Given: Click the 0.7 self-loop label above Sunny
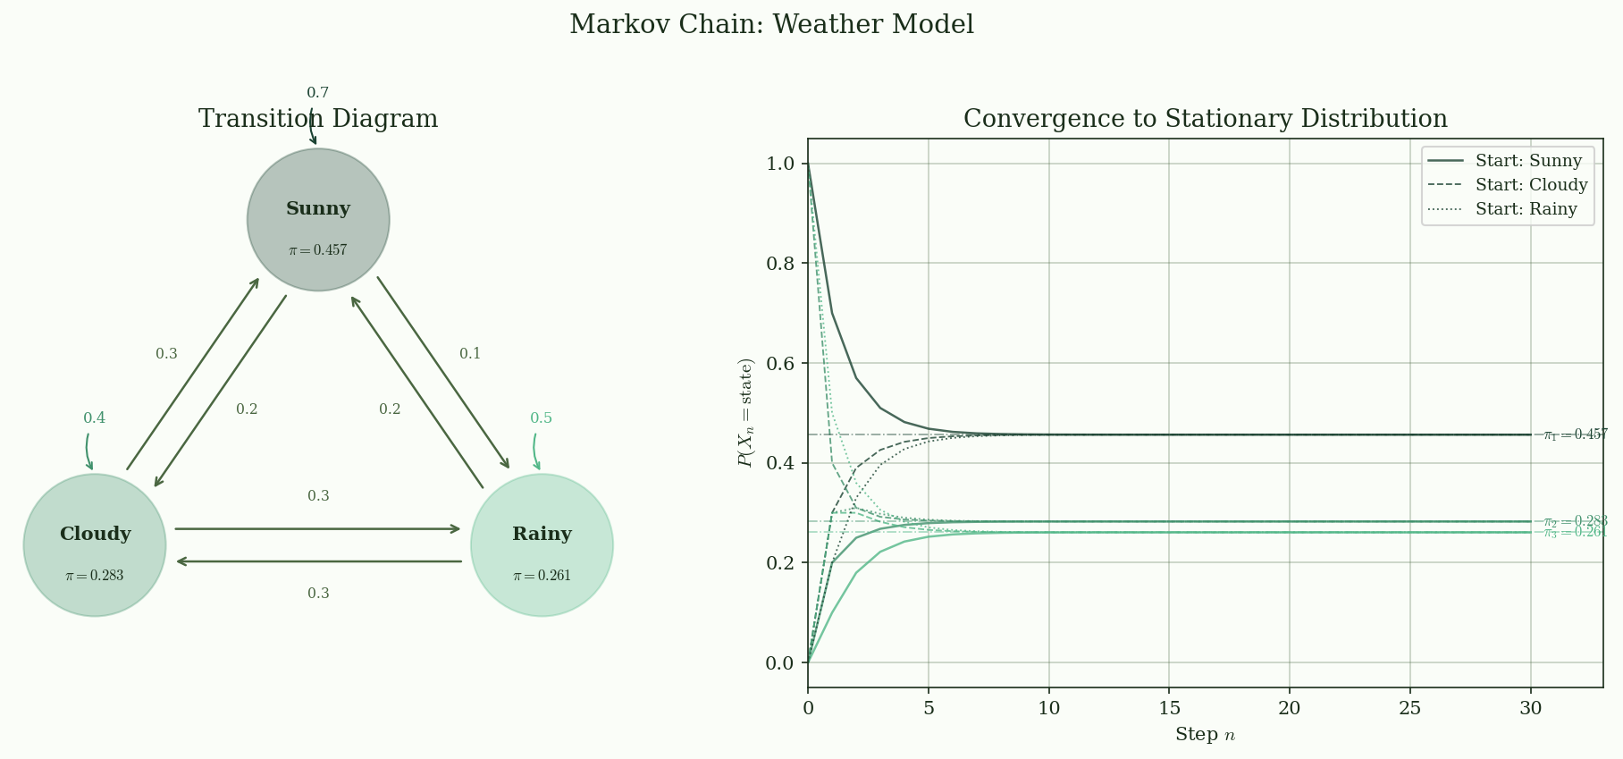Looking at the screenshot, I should coord(318,93).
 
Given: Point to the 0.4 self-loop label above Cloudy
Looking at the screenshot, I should coord(95,418).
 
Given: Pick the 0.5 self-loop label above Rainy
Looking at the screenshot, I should coord(542,418).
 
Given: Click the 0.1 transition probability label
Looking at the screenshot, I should coord(470,354).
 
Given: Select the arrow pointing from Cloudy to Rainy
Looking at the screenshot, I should coord(318,528).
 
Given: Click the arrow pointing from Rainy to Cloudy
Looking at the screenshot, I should coord(318,561).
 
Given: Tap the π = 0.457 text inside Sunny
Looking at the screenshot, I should coord(318,251).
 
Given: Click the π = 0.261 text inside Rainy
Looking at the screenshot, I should coord(542,577).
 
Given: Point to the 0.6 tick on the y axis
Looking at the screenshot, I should coord(781,364).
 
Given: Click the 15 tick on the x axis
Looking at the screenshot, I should coord(1169,709).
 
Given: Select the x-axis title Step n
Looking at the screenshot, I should coord(1205,735).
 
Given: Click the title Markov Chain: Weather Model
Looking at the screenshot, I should coord(771,25).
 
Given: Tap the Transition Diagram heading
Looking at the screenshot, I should coord(318,120).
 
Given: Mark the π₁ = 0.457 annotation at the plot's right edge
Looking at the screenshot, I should coord(1575,435).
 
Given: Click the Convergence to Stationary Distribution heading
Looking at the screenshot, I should coord(1205,120).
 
